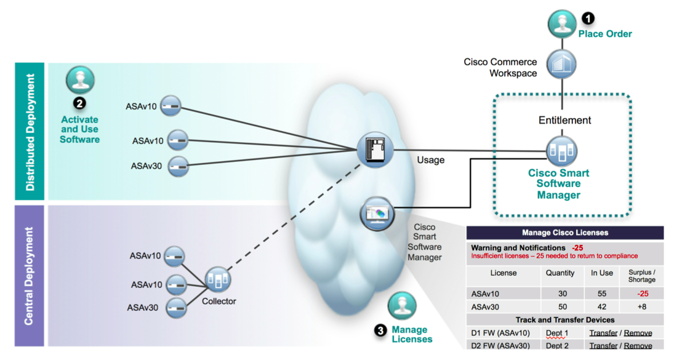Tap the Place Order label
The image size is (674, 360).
click(604, 34)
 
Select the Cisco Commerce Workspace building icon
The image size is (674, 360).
click(561, 64)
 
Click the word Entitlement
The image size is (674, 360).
click(565, 121)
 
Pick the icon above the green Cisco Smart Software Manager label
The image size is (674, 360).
click(561, 150)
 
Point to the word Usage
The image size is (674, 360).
click(431, 160)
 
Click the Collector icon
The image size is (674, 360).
click(219, 281)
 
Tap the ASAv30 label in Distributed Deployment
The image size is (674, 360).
click(146, 166)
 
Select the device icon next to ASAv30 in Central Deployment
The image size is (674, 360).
click(177, 306)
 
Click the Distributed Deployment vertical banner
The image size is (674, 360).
click(30, 130)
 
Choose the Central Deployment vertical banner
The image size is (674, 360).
click(30, 276)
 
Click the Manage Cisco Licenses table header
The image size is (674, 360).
click(564, 233)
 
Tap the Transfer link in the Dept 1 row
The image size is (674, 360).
click(603, 333)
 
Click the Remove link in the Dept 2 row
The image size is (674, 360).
click(638, 346)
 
